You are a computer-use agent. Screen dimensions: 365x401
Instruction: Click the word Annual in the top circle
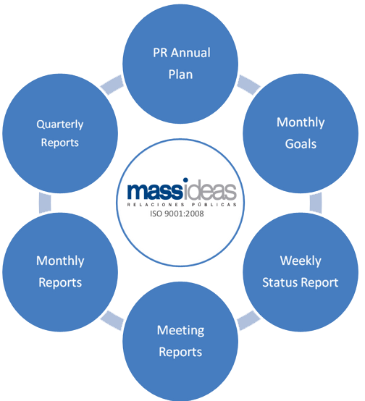click(x=190, y=53)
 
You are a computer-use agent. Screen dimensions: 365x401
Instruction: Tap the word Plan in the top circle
click(x=180, y=75)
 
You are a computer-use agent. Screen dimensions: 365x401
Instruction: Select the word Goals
click(x=301, y=144)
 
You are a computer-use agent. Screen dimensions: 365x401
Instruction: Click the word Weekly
click(x=301, y=261)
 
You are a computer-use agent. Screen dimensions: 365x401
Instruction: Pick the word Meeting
click(x=180, y=331)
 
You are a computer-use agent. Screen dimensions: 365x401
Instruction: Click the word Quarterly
click(x=60, y=124)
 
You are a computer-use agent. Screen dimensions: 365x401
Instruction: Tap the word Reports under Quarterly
click(x=60, y=143)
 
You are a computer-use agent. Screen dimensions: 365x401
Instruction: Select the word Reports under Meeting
click(x=180, y=353)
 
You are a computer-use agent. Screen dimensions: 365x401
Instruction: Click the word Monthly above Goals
click(x=301, y=122)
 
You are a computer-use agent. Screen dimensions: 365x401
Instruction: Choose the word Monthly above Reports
click(x=60, y=261)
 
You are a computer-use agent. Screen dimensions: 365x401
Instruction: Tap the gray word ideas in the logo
click(x=210, y=189)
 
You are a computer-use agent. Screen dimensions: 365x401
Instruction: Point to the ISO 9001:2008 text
click(x=177, y=214)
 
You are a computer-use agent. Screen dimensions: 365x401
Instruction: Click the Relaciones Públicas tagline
click(x=182, y=205)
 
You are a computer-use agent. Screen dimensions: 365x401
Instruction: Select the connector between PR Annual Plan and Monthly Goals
click(x=249, y=85)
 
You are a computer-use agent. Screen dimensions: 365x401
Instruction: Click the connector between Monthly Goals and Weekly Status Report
click(x=316, y=203)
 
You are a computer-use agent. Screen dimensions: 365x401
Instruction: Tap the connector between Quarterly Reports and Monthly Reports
click(x=45, y=203)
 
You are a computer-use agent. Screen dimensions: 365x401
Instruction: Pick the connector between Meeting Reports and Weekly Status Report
click(x=249, y=320)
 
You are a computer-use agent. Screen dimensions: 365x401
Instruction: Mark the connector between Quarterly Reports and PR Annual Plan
click(x=112, y=85)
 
